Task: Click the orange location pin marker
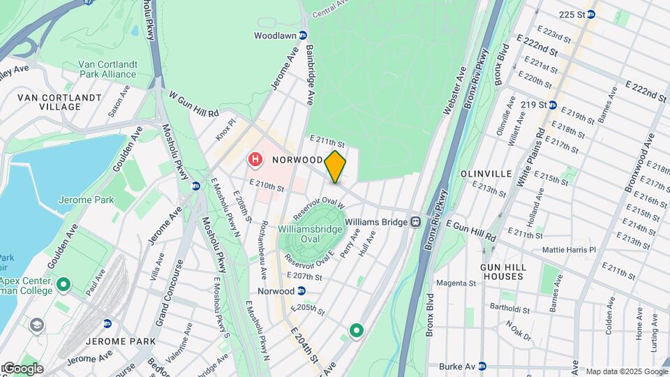(x=336, y=167)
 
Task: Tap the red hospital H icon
(x=256, y=161)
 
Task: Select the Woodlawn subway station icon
(x=303, y=36)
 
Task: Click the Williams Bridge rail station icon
(x=415, y=222)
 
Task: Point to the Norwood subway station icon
(x=301, y=291)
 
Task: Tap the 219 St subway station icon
(x=552, y=105)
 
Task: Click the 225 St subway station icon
(x=590, y=14)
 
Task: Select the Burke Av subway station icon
(x=482, y=366)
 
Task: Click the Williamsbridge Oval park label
(x=310, y=234)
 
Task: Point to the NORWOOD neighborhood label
(x=297, y=160)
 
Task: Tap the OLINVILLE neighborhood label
(x=487, y=173)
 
